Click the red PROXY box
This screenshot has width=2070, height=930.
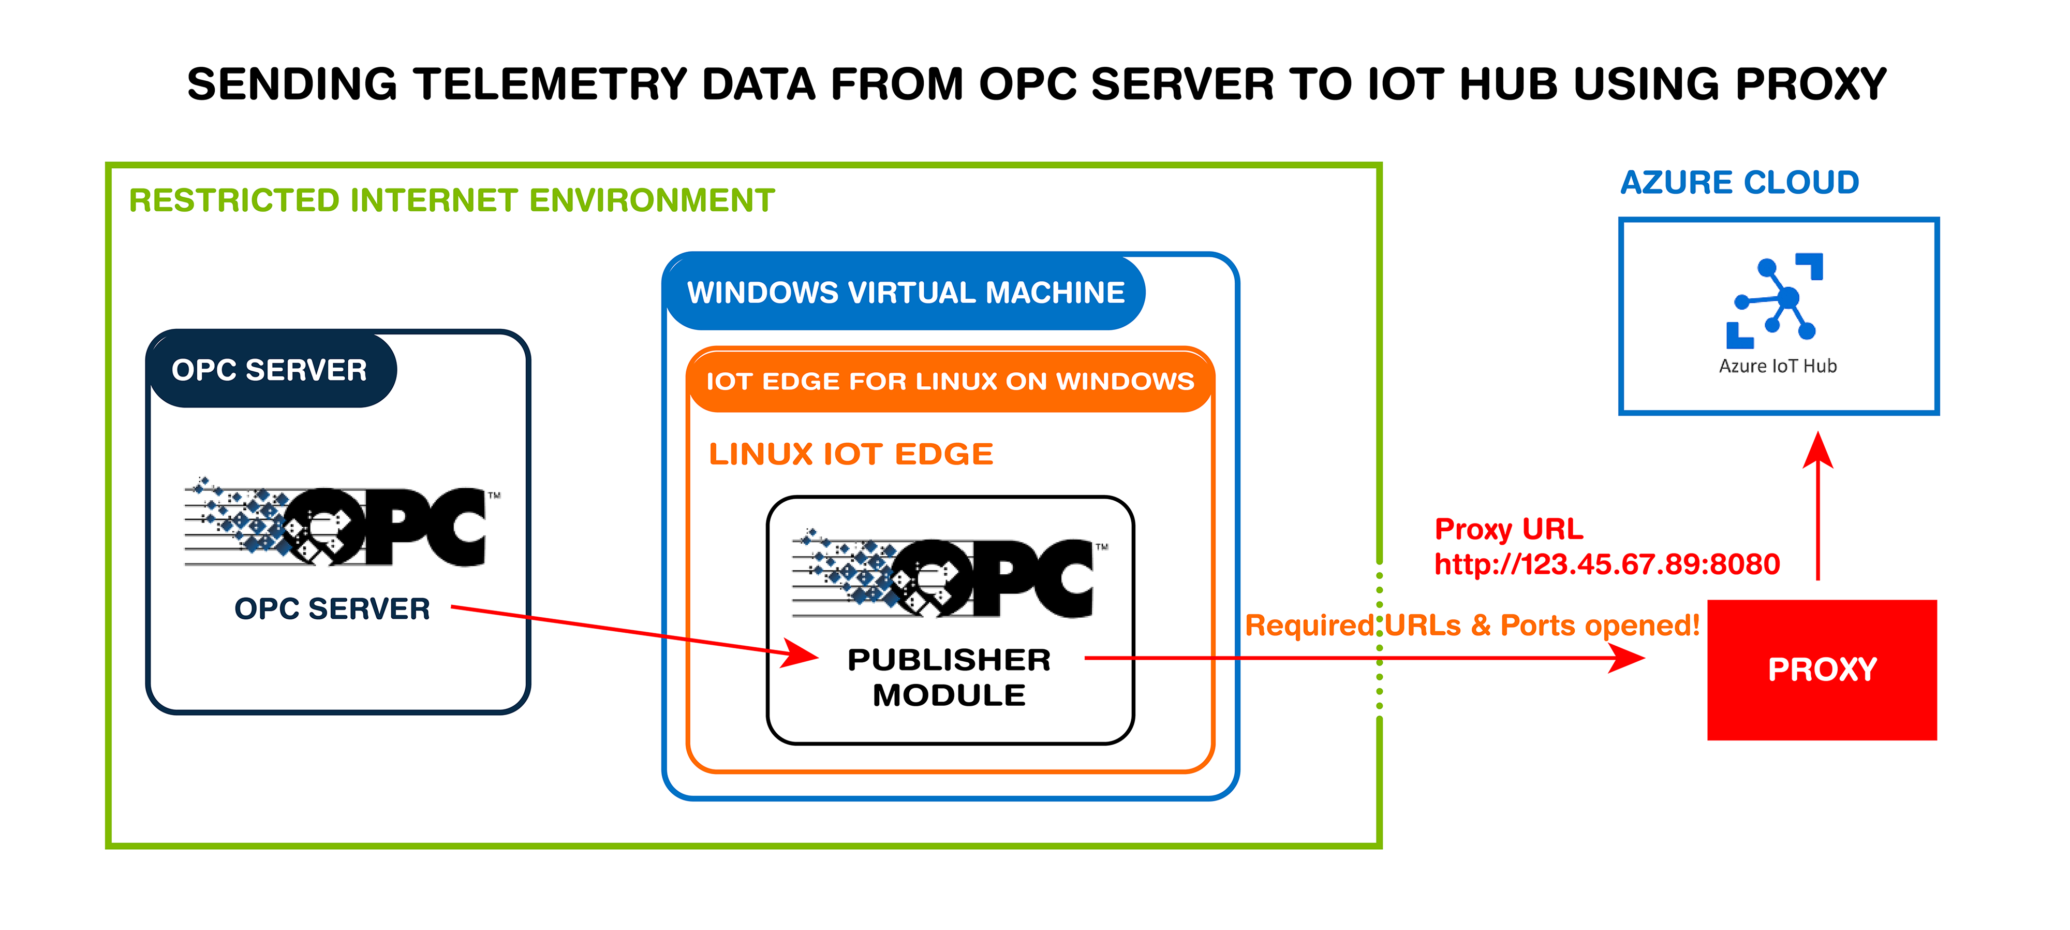(1821, 669)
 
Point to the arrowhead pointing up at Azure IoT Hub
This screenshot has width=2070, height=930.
(1817, 450)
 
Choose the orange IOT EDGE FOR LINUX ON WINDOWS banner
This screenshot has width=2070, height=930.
(950, 381)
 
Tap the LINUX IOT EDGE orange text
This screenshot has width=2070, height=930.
(851, 454)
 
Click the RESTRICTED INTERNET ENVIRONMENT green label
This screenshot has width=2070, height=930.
(452, 200)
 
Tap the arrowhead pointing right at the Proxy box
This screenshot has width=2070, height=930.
(1627, 658)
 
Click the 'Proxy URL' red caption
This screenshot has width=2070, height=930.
(1509, 529)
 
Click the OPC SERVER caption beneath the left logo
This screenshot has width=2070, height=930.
(332, 608)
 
